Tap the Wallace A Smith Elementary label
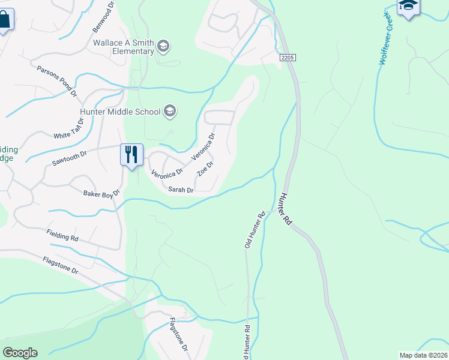click(x=124, y=47)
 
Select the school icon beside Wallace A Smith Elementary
click(x=163, y=46)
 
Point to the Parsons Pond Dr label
click(x=58, y=82)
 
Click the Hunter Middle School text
click(x=120, y=112)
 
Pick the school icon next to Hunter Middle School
click(x=170, y=110)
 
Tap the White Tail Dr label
click(x=69, y=128)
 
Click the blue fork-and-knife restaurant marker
click(x=131, y=155)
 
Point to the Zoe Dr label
click(x=205, y=169)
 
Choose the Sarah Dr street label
click(x=180, y=190)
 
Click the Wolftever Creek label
click(x=385, y=38)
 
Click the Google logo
click(x=20, y=353)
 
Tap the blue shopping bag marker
click(x=4, y=21)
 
